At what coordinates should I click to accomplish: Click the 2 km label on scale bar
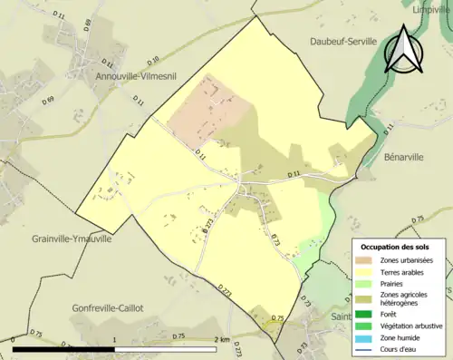pyautogui.click(x=223, y=339)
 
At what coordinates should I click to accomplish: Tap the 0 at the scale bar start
pyautogui.click(x=14, y=339)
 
